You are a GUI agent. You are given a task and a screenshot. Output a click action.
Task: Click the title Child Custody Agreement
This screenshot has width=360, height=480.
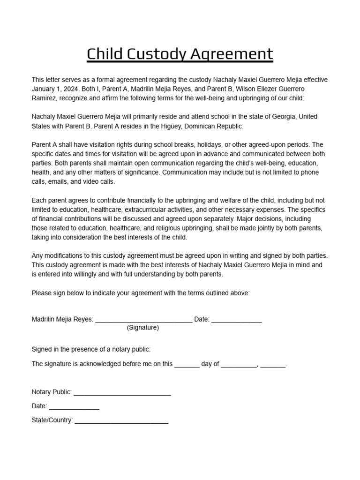(x=180, y=54)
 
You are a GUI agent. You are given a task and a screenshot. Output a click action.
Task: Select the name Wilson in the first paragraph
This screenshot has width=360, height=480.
(x=227, y=89)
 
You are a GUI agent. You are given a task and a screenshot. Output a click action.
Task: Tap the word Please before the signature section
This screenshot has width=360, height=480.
(x=41, y=293)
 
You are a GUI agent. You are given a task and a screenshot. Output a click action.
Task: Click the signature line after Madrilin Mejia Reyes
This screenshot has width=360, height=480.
(x=143, y=320)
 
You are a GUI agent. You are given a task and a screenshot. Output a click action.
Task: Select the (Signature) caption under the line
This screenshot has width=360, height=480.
(x=143, y=328)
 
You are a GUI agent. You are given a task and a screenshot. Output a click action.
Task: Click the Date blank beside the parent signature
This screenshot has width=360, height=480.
(x=236, y=320)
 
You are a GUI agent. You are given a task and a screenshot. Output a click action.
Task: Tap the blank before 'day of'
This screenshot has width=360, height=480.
(x=187, y=364)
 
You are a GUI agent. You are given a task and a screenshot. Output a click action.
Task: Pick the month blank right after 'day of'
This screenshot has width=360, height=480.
(x=239, y=364)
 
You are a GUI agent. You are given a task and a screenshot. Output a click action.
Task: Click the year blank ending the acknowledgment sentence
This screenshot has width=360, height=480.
(x=273, y=364)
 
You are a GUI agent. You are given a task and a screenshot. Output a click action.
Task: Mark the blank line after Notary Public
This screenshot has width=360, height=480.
(x=122, y=392)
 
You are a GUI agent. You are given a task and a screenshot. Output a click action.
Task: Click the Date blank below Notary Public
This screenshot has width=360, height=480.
(x=74, y=406)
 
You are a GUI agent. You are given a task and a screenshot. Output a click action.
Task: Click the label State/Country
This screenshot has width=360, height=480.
(x=52, y=420)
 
